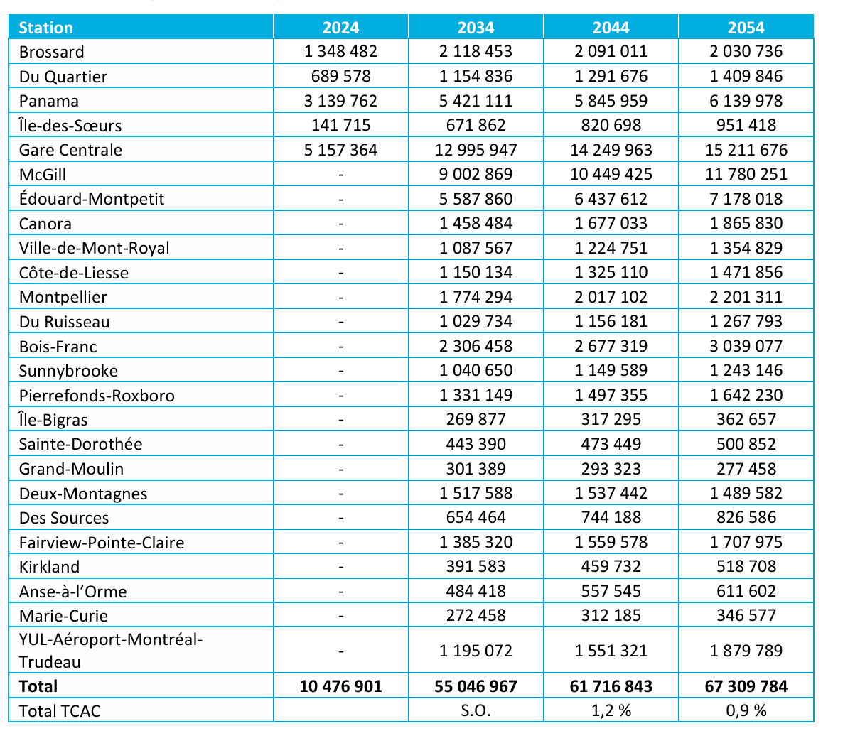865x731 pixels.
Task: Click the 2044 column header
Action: coord(611,28)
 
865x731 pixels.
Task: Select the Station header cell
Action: coord(46,28)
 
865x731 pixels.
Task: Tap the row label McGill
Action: coord(43,175)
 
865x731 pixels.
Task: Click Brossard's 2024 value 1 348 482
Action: coord(340,52)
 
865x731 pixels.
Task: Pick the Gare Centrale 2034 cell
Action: coord(476,150)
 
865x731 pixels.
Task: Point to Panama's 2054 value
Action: coord(746,101)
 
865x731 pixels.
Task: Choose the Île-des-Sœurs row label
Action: coord(70,126)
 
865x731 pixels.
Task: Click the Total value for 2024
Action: coord(340,686)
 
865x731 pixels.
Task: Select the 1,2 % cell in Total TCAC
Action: coord(611,710)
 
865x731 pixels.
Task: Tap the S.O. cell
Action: coord(476,710)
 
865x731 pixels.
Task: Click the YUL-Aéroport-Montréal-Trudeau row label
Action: coord(110,651)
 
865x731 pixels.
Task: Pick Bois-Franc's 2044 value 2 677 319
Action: coord(611,346)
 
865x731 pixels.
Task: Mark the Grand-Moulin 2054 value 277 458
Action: coord(746,469)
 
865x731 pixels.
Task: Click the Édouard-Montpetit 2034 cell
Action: coord(476,199)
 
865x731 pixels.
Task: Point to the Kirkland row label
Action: coord(49,567)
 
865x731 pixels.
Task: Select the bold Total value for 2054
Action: coord(746,686)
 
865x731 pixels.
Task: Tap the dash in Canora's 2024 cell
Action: coord(341,224)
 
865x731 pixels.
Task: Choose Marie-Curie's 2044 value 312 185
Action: coord(611,616)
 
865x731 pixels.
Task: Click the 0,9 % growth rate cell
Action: coord(746,710)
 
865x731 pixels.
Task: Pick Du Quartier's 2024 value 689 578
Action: coord(340,77)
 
